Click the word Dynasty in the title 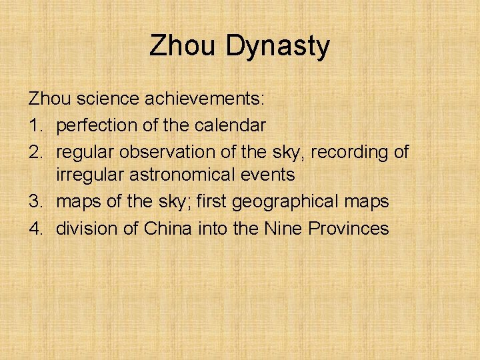coord(277,47)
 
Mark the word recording coord(345,151)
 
